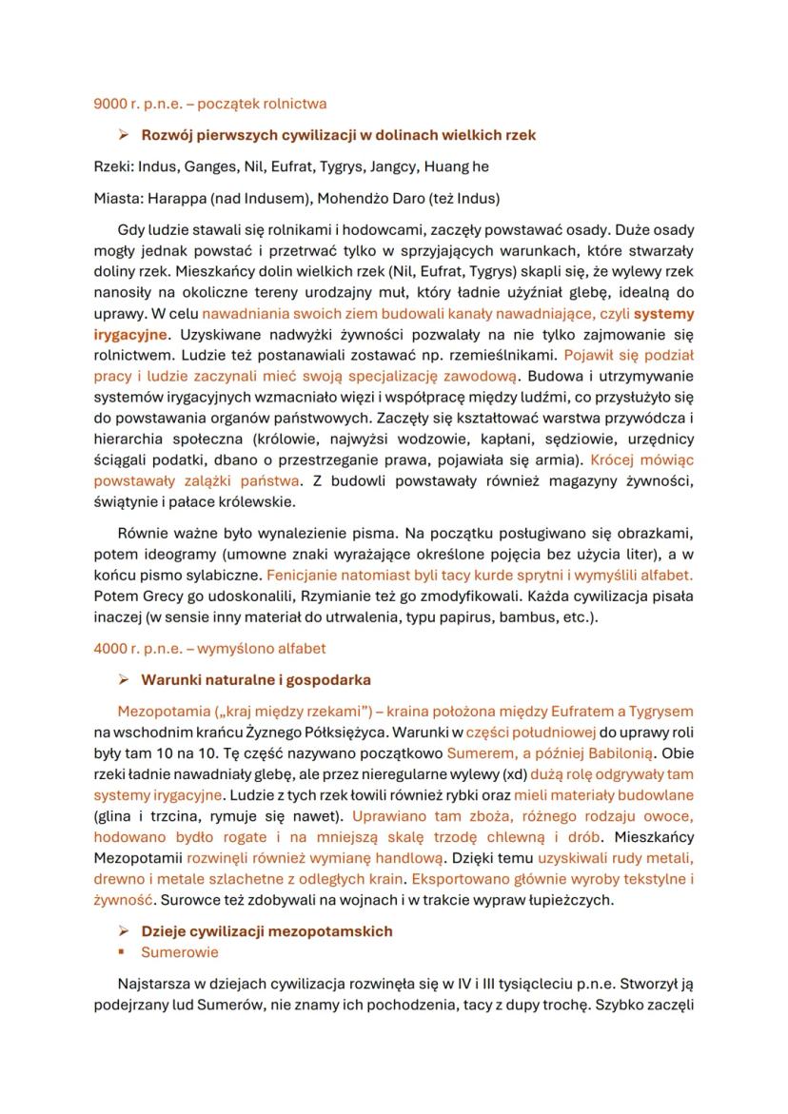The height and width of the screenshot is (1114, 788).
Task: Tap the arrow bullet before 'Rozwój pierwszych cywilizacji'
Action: point(123,135)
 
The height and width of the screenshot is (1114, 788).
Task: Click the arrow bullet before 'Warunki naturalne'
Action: point(123,680)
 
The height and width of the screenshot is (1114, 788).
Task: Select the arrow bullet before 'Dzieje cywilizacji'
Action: point(123,930)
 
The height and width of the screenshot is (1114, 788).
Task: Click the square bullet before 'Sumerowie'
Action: point(123,952)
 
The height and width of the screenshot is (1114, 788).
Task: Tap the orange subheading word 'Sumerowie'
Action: point(180,952)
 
